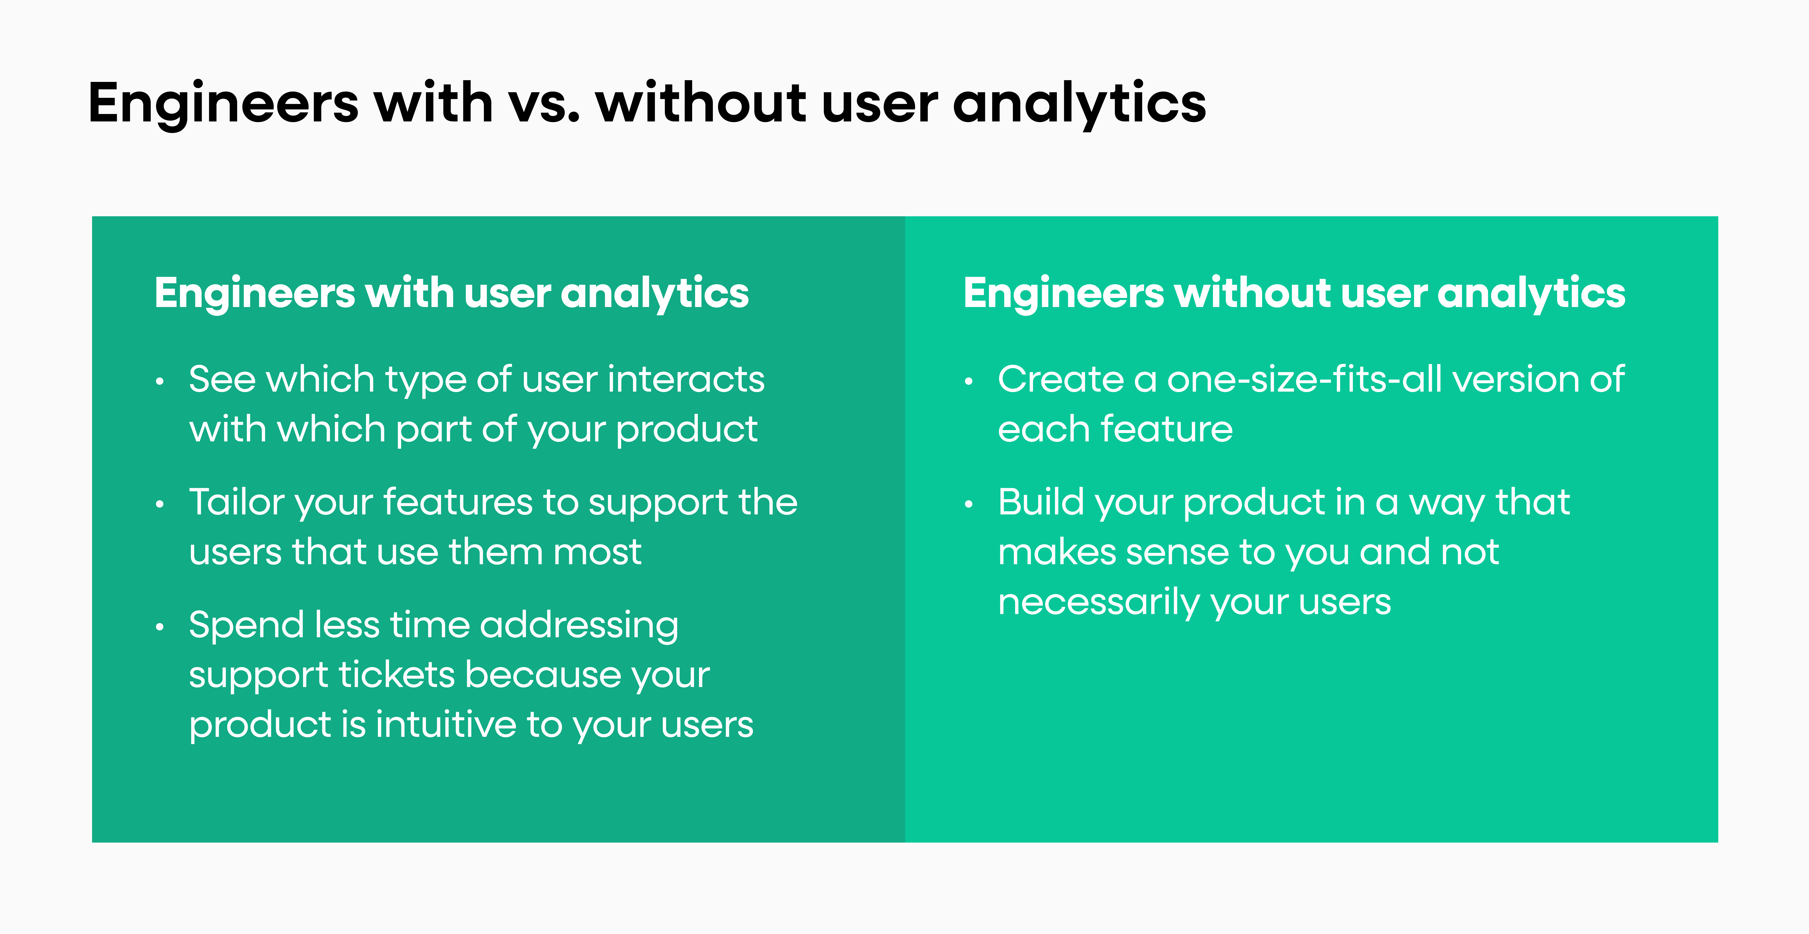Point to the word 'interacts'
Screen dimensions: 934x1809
pos(685,380)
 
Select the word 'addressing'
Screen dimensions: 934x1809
pos(579,626)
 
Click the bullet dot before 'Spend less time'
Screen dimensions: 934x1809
pos(160,627)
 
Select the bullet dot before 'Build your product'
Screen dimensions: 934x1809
pos(969,504)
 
